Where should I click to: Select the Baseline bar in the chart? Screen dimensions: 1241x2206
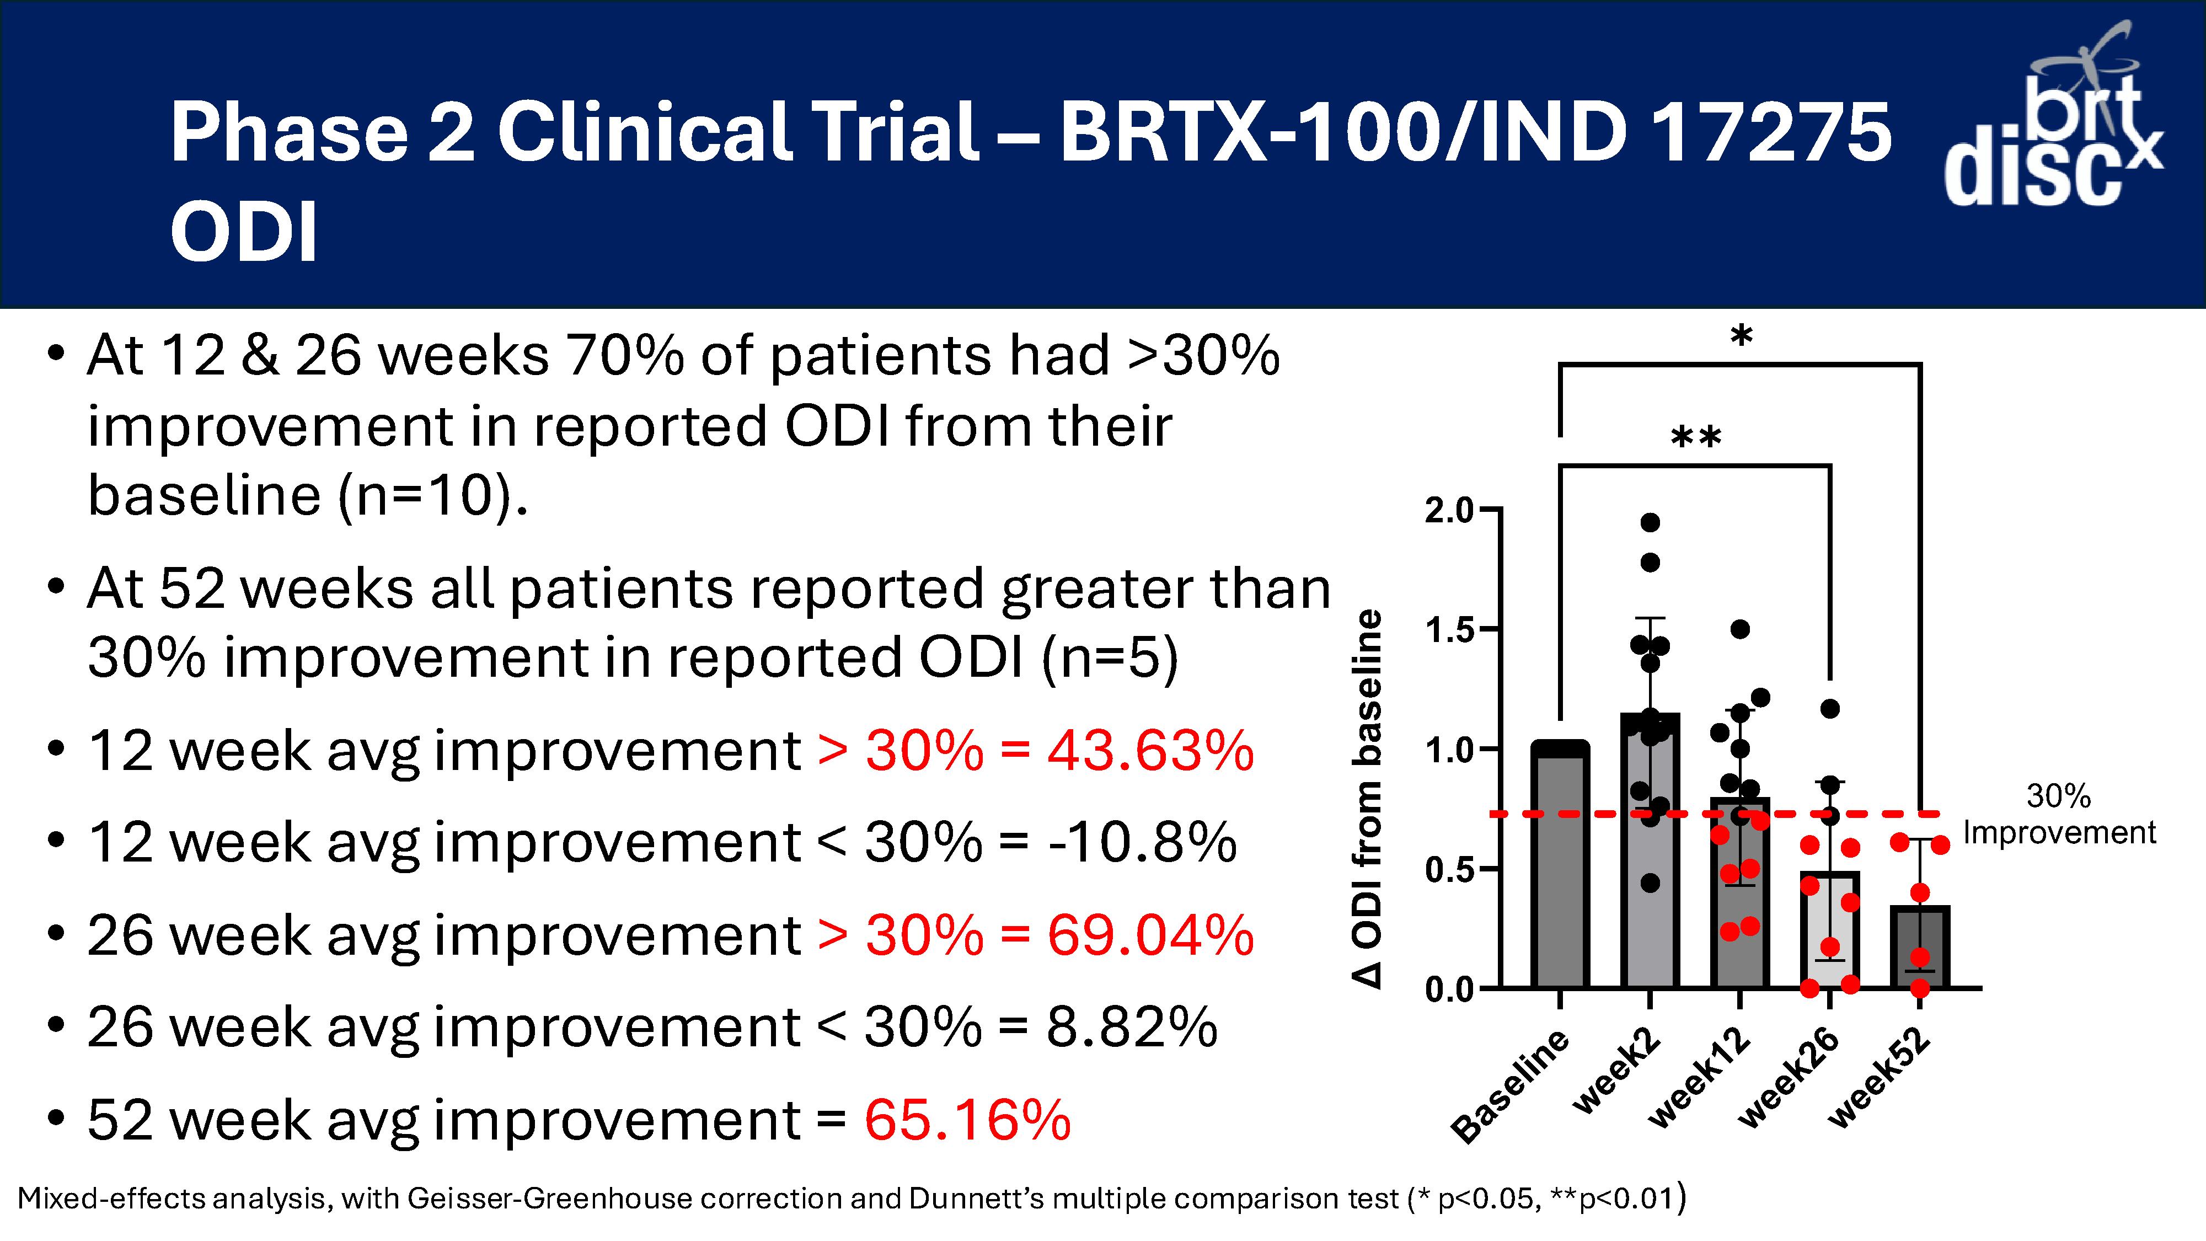coord(1560,865)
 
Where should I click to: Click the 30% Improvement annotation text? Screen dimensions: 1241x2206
coord(2059,815)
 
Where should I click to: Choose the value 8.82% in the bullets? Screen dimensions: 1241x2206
coord(1131,1026)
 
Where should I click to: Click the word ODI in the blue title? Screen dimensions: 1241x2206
coord(244,232)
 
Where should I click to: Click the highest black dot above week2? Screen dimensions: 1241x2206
coord(1650,522)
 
